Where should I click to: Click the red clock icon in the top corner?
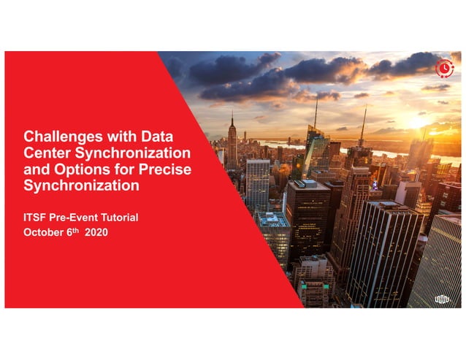[x=444, y=69]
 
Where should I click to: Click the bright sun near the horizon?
[x=418, y=121]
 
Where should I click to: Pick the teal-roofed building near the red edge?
[x=274, y=221]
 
